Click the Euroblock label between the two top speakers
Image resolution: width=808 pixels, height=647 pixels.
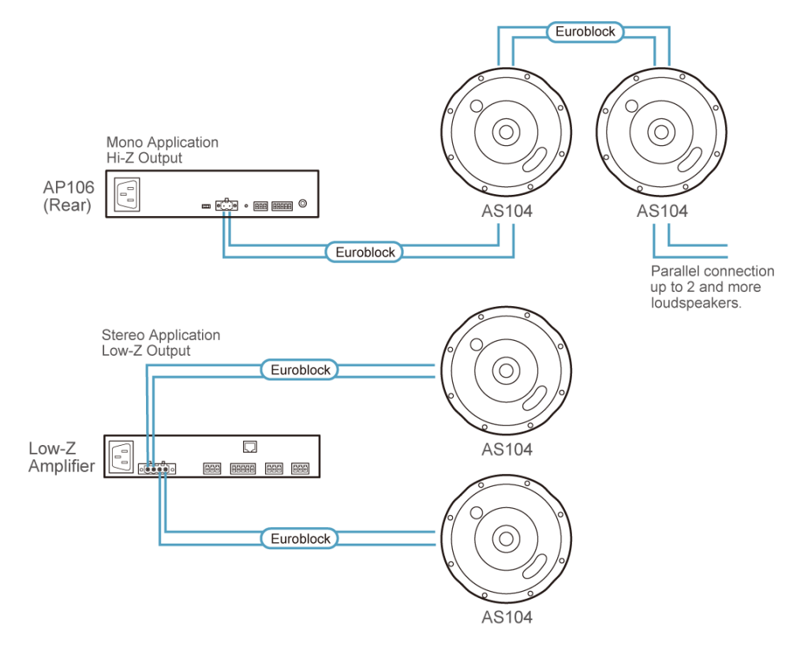tap(585, 32)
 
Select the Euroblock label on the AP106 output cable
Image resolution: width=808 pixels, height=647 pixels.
tap(365, 252)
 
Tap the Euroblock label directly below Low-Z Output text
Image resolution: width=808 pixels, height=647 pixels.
tap(300, 369)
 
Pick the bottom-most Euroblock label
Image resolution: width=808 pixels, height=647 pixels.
tap(300, 539)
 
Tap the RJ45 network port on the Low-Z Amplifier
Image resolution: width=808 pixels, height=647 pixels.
tap(250, 447)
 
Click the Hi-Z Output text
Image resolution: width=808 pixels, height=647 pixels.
tap(144, 158)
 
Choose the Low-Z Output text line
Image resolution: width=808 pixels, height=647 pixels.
tap(146, 350)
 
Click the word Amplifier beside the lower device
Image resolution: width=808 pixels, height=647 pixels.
tap(62, 466)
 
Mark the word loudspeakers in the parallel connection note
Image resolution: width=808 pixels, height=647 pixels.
tap(698, 303)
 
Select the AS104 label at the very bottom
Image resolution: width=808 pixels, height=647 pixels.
tap(507, 618)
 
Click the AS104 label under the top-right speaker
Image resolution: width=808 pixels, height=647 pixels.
tap(662, 211)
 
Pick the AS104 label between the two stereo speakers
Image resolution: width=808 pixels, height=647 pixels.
tap(507, 450)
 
